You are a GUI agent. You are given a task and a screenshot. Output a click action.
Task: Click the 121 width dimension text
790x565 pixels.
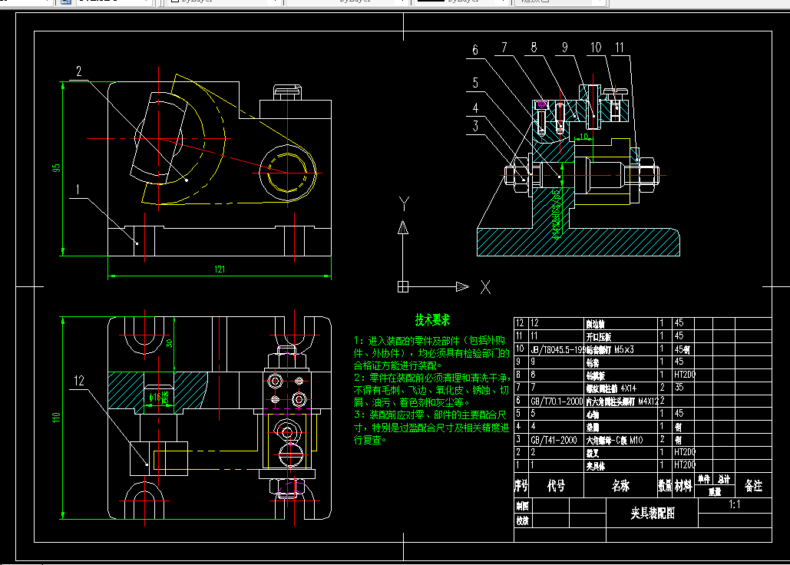[x=220, y=269]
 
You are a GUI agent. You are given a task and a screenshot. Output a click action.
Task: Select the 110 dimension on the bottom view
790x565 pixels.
[x=56, y=418]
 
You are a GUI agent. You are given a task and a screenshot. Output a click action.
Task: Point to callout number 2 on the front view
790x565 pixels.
[x=78, y=72]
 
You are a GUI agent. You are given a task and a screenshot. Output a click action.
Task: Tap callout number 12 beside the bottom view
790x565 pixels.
[x=80, y=380]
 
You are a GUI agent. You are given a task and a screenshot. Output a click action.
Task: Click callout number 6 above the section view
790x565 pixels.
[x=476, y=50]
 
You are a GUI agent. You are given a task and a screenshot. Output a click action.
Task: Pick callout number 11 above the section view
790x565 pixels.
[x=619, y=48]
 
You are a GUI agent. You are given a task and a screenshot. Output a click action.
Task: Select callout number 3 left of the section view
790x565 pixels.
[x=476, y=126]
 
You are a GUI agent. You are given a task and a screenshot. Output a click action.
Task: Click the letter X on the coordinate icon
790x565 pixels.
[x=485, y=288]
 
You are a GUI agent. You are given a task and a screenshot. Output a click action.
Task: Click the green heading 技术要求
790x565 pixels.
[x=432, y=319]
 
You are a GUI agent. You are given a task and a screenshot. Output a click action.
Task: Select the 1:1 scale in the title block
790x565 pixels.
[x=734, y=505]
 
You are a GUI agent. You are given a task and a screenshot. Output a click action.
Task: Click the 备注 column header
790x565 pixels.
[x=753, y=486]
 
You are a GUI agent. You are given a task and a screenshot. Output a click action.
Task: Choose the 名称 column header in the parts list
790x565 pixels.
[x=620, y=486]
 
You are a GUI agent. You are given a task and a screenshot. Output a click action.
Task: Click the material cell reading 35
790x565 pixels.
[x=679, y=388]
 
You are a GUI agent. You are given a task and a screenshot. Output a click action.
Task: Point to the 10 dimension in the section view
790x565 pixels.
[x=583, y=136]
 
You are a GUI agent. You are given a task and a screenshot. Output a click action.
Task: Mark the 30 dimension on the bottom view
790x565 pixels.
[x=169, y=343]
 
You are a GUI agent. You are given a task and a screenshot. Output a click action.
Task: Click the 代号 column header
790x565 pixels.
[x=555, y=486]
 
